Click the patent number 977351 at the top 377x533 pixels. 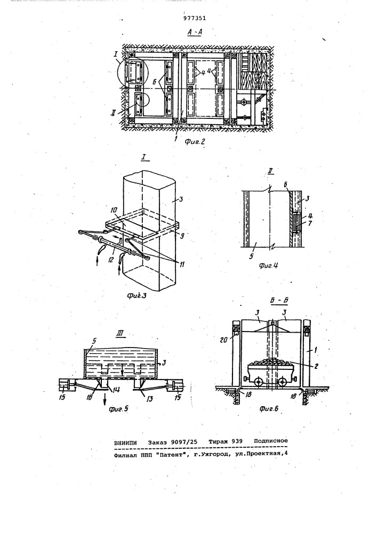pos(195,18)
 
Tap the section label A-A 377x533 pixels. pos(195,33)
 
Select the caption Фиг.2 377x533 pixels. pos(195,142)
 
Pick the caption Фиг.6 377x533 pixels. pos(269,409)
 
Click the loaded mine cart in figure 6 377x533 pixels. pos(271,372)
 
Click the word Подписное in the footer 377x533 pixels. pos(271,441)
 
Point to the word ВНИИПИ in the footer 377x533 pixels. pos(125,442)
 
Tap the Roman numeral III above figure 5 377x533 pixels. pos(119,334)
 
